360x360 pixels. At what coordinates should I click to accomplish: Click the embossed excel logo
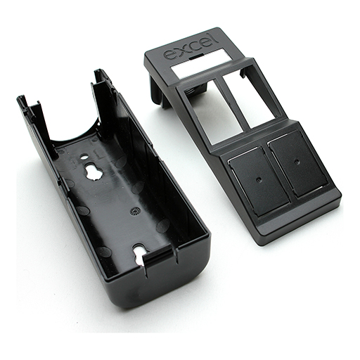[191, 46]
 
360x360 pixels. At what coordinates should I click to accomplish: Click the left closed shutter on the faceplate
[259, 181]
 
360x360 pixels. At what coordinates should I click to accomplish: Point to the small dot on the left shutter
[258, 180]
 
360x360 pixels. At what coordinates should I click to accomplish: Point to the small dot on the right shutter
[297, 162]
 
